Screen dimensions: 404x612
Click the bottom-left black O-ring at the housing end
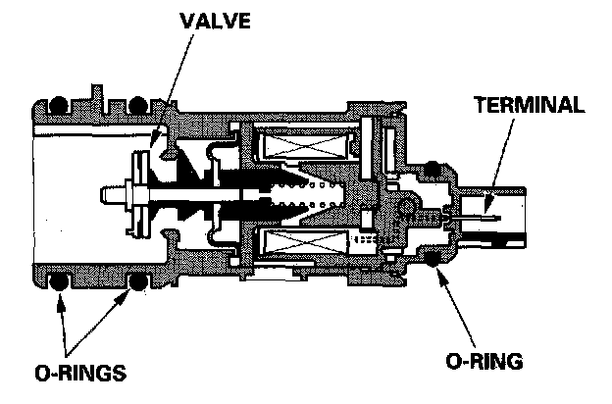point(58,284)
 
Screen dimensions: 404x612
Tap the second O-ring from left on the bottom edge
point(136,284)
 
